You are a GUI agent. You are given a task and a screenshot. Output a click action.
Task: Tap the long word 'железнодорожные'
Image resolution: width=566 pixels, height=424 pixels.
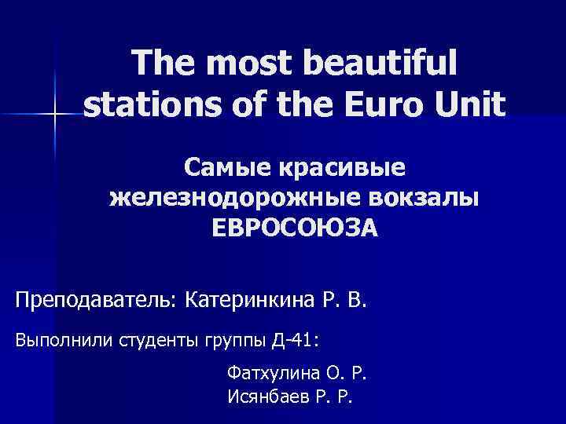[x=226, y=198]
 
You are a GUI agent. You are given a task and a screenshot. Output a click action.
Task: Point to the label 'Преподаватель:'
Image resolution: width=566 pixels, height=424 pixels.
[x=97, y=300]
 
